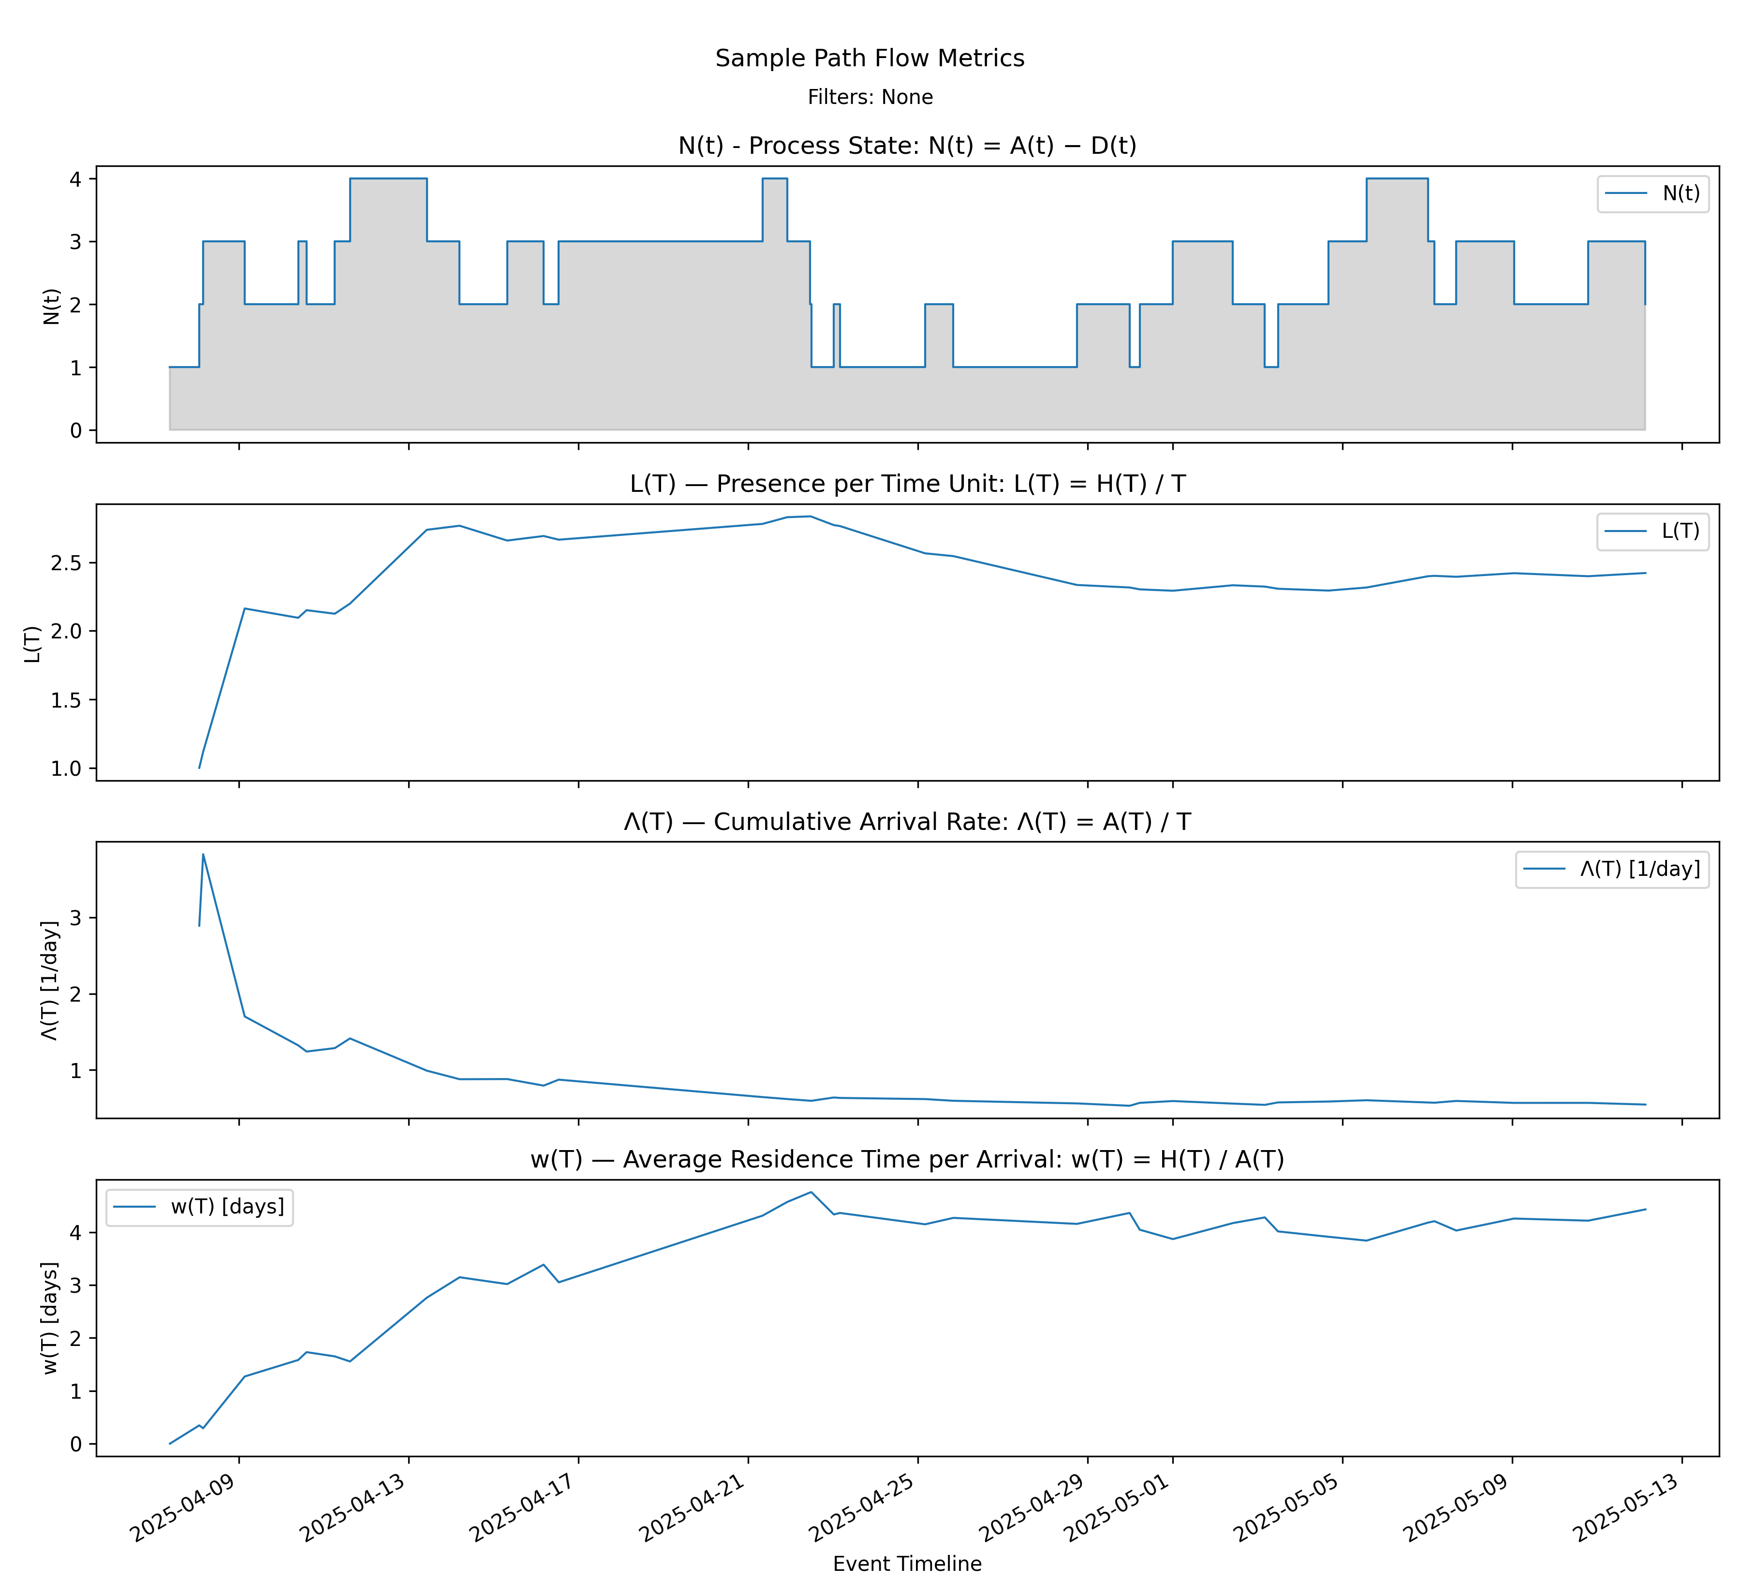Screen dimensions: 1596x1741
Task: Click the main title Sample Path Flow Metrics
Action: click(870, 58)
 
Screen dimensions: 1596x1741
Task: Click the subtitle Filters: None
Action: click(870, 97)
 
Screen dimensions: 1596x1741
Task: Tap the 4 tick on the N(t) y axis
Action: click(77, 179)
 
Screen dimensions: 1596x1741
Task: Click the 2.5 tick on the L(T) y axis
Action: click(67, 563)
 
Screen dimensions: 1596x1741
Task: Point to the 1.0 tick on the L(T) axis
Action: click(67, 768)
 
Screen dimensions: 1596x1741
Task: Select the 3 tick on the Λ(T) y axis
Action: click(77, 918)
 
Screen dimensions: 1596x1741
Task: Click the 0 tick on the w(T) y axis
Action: click(77, 1444)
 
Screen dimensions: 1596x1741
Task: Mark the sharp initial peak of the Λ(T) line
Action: click(203, 855)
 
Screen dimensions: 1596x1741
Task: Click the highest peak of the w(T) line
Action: click(810, 1193)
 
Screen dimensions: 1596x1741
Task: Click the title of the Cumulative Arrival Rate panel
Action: click(907, 821)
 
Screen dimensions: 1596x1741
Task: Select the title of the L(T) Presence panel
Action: click(907, 484)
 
